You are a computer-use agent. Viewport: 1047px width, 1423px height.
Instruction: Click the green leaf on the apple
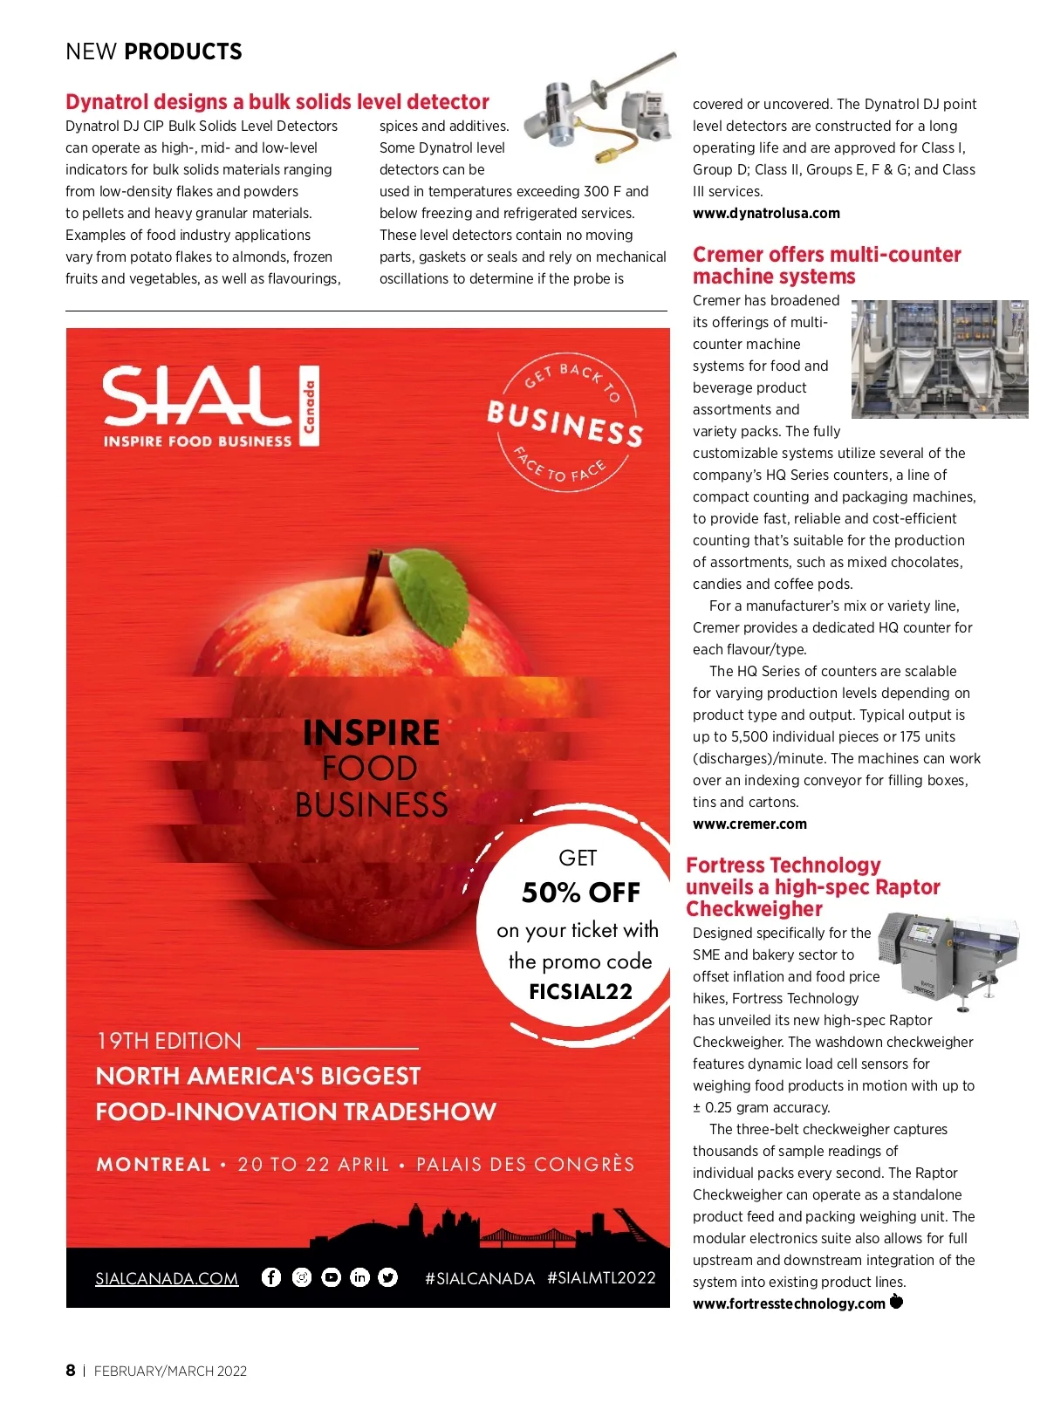click(429, 593)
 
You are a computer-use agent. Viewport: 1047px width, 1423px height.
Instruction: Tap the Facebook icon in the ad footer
click(271, 1277)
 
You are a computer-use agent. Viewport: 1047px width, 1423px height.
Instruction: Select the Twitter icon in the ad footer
click(388, 1277)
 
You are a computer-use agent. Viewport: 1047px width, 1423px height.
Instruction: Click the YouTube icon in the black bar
click(331, 1277)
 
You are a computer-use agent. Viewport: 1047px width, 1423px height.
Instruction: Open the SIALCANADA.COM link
click(167, 1278)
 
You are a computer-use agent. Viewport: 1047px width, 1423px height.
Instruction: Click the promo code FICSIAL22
click(580, 991)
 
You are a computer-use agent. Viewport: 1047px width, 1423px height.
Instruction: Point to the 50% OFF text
click(580, 892)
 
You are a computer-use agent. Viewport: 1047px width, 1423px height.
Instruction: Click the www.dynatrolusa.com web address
click(766, 213)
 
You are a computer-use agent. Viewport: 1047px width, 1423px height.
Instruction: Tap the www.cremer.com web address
click(749, 824)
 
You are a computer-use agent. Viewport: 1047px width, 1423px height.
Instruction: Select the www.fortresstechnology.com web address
click(789, 1303)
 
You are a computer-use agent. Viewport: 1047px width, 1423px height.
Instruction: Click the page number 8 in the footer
click(71, 1370)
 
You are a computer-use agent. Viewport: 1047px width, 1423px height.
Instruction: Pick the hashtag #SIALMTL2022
click(601, 1277)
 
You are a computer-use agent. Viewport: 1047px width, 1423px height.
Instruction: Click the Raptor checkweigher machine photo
click(946, 958)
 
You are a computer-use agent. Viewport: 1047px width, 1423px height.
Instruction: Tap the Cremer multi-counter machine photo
click(939, 359)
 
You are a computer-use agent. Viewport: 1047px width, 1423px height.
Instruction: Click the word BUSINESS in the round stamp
click(565, 423)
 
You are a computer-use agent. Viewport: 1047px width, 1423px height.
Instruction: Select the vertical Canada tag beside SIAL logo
click(309, 406)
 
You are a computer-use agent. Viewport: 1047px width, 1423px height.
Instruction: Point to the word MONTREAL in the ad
click(154, 1164)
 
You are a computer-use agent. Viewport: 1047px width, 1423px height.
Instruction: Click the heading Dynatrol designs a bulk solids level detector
click(277, 102)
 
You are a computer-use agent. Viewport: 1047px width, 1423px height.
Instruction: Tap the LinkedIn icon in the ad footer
click(359, 1277)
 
